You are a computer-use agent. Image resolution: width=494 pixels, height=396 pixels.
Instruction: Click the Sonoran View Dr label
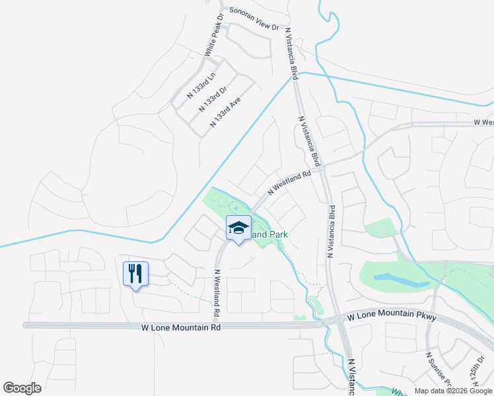tap(255, 18)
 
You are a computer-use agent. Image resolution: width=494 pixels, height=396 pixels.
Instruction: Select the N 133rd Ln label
tap(202, 85)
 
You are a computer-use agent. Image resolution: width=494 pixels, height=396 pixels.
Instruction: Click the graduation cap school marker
tap(238, 228)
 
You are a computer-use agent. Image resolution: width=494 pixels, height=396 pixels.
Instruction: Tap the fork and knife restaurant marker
tap(136, 274)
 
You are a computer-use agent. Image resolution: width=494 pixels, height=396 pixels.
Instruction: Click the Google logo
tap(22, 388)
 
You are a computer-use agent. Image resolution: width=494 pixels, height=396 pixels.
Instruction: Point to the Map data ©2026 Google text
tap(454, 391)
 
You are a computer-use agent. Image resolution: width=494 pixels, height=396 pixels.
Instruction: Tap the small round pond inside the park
tap(236, 204)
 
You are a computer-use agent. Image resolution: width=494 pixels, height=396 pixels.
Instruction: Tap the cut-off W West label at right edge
tap(484, 123)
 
